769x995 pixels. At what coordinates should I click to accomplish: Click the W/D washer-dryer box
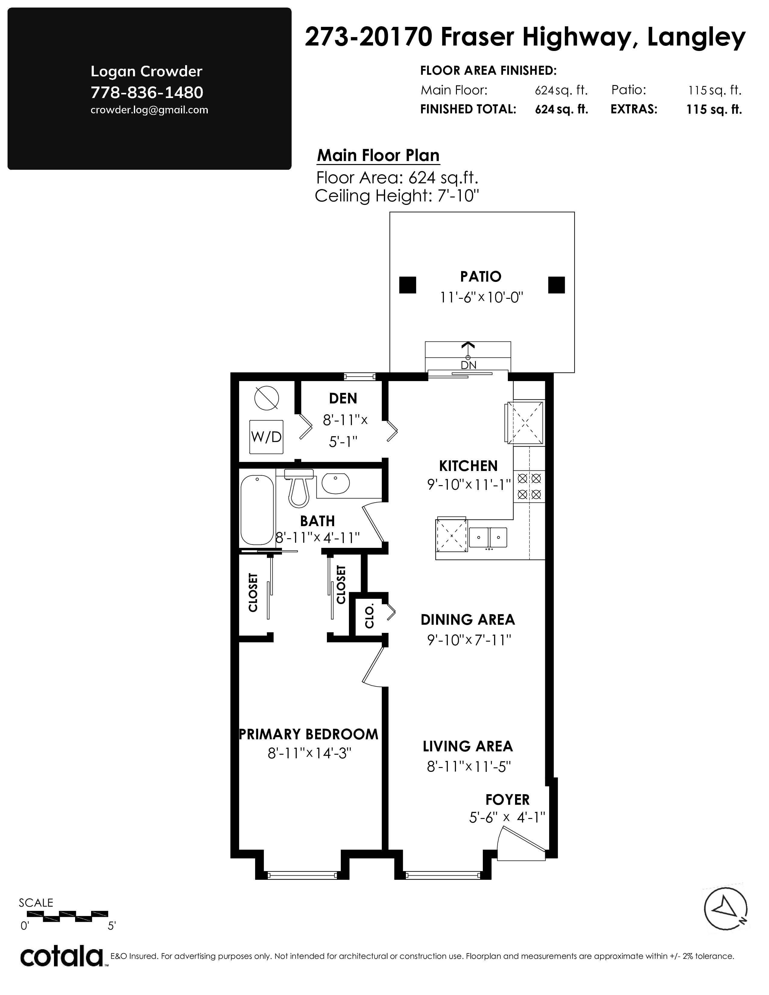(x=267, y=437)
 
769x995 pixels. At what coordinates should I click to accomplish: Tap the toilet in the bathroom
(x=299, y=488)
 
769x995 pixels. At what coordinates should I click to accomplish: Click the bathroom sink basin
(x=336, y=483)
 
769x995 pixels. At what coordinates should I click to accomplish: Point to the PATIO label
(x=481, y=276)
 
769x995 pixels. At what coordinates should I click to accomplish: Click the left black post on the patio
(x=408, y=285)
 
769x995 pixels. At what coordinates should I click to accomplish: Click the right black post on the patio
(x=556, y=285)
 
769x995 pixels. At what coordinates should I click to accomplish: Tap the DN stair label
(x=468, y=365)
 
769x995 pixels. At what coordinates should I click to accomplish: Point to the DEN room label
(x=343, y=399)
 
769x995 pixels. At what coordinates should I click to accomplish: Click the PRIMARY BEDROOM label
(x=309, y=734)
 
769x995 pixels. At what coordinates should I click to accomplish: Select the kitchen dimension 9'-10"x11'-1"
(x=469, y=485)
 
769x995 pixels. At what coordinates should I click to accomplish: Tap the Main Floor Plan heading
(x=378, y=155)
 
